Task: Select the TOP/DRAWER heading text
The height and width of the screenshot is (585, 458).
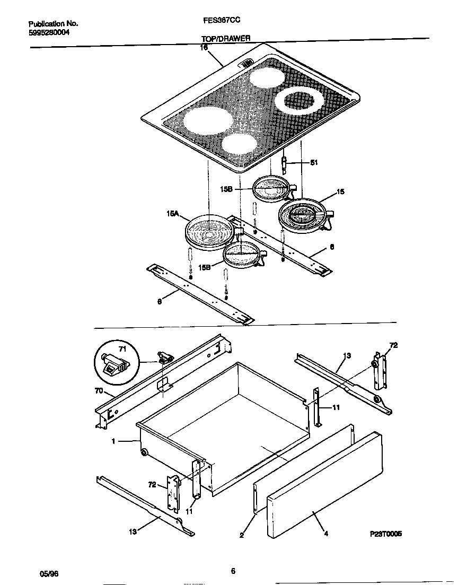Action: tap(225, 39)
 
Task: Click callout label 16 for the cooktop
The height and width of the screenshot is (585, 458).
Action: tap(204, 48)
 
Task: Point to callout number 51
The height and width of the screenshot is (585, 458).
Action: tap(313, 163)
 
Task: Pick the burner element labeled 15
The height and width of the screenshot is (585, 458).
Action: tap(301, 215)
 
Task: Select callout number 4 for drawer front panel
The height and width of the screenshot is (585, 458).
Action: tap(325, 534)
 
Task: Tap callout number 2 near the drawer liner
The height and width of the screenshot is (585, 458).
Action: tap(242, 536)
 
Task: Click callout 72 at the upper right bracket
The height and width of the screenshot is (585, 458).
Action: tap(393, 345)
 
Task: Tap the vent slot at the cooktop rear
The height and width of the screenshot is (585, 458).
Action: tap(247, 64)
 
